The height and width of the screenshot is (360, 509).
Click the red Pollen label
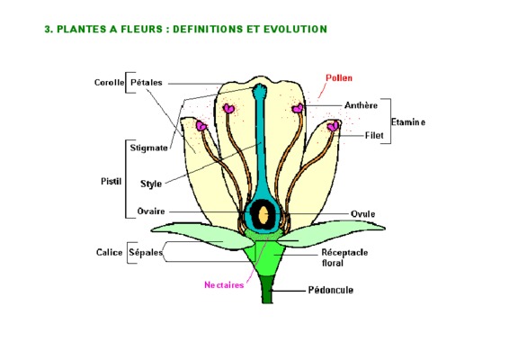[x=339, y=78]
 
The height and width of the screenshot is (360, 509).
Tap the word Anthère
[x=361, y=105]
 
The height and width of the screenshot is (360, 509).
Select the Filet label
[x=374, y=135]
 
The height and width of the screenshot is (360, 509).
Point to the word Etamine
[x=408, y=122]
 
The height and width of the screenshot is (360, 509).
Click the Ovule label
[x=363, y=214]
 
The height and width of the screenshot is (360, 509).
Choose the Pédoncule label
[x=331, y=290]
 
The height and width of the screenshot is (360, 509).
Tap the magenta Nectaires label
[x=224, y=285]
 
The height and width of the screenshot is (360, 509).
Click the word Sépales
[x=146, y=253]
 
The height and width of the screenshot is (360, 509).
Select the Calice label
[x=110, y=253]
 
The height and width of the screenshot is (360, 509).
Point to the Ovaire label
[x=151, y=211]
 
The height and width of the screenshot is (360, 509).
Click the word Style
[x=151, y=184]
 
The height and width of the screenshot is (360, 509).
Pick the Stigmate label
[x=149, y=148]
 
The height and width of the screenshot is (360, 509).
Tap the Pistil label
[x=111, y=181]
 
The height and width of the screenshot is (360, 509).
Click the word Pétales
[x=146, y=83]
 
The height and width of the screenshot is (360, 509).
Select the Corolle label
[x=109, y=83]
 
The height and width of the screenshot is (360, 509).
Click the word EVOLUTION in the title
[x=295, y=29]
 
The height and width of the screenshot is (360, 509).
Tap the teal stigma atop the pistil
[x=260, y=89]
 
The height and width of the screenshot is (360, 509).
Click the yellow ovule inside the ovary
[x=263, y=215]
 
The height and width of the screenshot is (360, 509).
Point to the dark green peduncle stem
[x=267, y=289]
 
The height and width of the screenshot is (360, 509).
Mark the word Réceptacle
[x=344, y=253]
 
